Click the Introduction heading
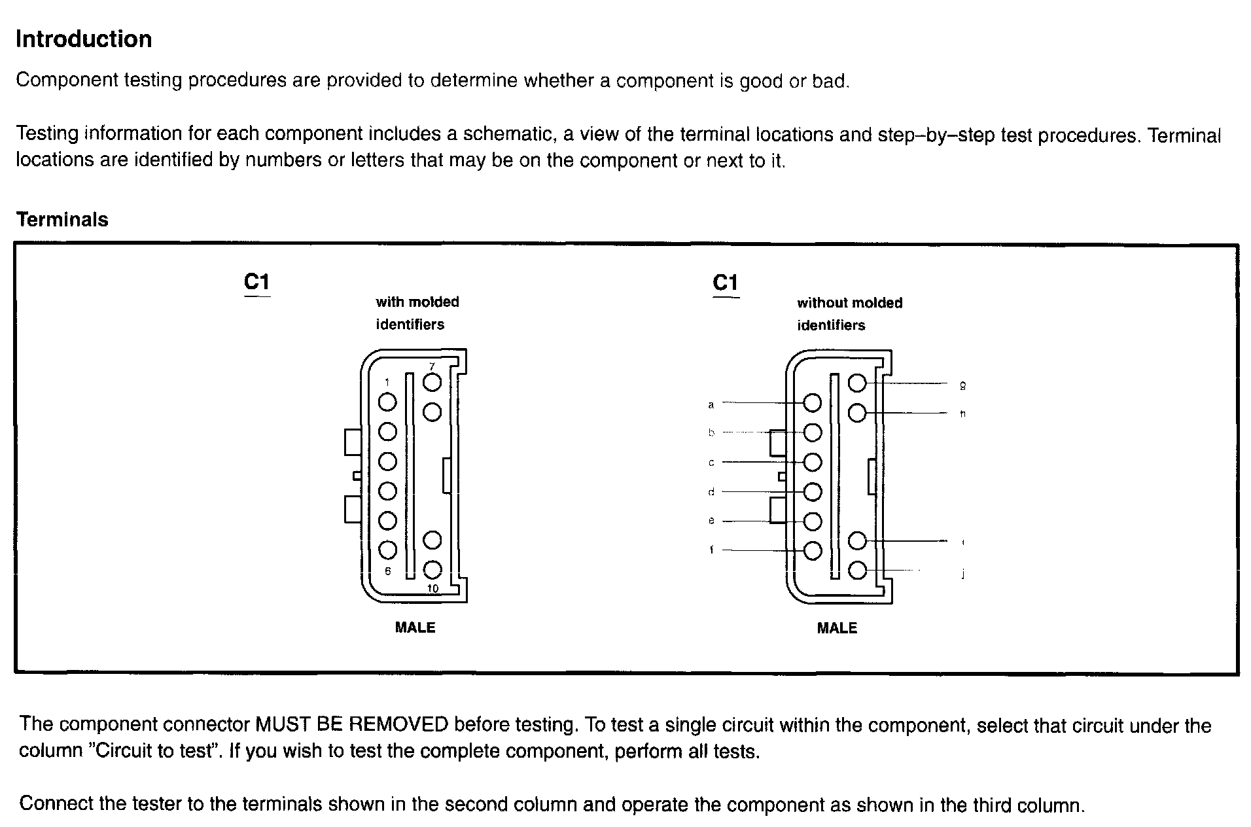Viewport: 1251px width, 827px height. pos(84,39)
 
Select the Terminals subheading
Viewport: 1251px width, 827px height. pos(62,219)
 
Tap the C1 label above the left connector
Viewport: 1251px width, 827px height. pos(256,282)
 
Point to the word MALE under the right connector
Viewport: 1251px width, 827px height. pos(837,628)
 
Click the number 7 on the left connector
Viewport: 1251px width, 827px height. pos(432,366)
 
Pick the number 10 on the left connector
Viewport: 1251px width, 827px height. pos(432,589)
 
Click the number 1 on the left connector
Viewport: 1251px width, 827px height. pos(387,383)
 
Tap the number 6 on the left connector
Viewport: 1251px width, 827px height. pos(388,571)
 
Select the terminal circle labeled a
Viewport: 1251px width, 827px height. pos(812,403)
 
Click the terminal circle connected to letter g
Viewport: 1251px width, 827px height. pos(857,383)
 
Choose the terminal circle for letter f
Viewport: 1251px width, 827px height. pos(812,551)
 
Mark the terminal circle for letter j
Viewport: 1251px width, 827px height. pos(857,571)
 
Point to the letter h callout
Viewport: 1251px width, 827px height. pos(962,413)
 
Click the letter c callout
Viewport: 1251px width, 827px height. pos(711,463)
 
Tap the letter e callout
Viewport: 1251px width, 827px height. pos(711,521)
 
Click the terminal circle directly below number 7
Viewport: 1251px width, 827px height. pos(432,412)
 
